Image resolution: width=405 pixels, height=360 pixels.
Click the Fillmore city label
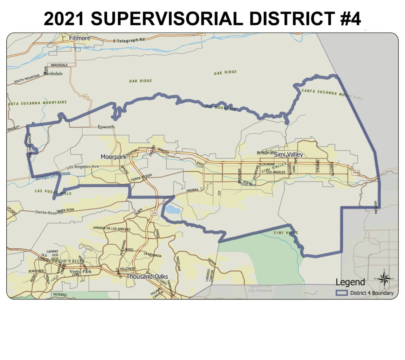pyautogui.click(x=79, y=38)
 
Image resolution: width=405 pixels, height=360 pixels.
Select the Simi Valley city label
pyautogui.click(x=288, y=154)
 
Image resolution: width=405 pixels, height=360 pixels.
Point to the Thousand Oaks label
pyautogui.click(x=147, y=277)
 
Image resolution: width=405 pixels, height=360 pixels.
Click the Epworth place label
pyautogui.click(x=106, y=127)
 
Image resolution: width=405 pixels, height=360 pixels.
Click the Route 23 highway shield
pyautogui.click(x=153, y=213)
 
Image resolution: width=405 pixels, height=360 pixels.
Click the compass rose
pyautogui.click(x=383, y=278)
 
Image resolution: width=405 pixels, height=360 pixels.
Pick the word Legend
pyautogui.click(x=350, y=282)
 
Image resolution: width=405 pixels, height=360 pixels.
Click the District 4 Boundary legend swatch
pyautogui.click(x=341, y=293)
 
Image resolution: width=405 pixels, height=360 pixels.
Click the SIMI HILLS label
pyautogui.click(x=285, y=233)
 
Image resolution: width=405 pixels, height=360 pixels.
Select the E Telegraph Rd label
pyautogui.click(x=129, y=40)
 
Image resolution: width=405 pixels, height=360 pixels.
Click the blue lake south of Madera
pyautogui.click(x=172, y=209)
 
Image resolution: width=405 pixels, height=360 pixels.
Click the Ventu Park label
pyautogui.click(x=80, y=271)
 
